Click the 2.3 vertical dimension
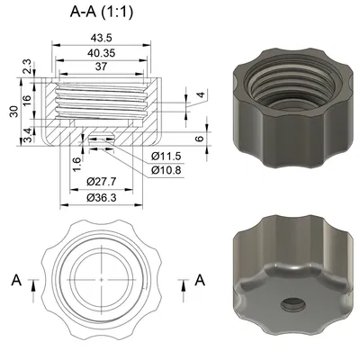point(26,65)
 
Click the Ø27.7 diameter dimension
point(100,183)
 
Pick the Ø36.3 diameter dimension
point(100,198)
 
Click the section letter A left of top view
point(16,280)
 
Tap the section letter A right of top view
point(200,280)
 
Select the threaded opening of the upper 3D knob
point(292,85)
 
